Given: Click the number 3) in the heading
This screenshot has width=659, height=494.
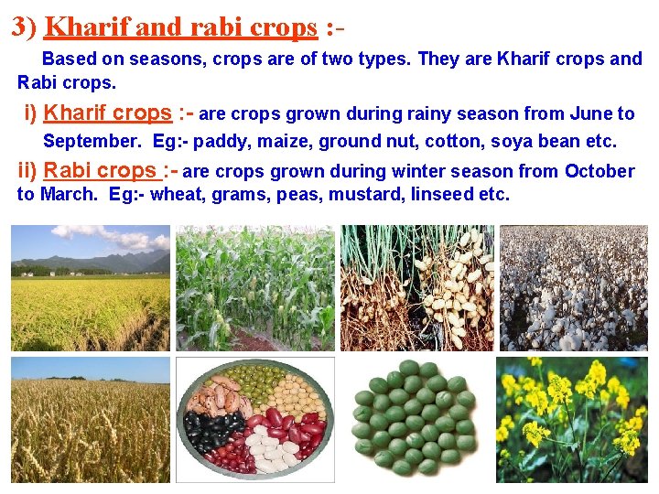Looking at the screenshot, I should tap(25, 27).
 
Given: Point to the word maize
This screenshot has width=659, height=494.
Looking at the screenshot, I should tap(277, 142).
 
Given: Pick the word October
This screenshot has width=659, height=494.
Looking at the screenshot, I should tap(599, 171).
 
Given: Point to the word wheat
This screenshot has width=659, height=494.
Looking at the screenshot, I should tap(176, 195).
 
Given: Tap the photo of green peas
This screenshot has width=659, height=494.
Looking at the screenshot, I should tap(415, 420).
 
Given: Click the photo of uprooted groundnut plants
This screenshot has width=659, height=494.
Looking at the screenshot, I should tap(417, 287).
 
